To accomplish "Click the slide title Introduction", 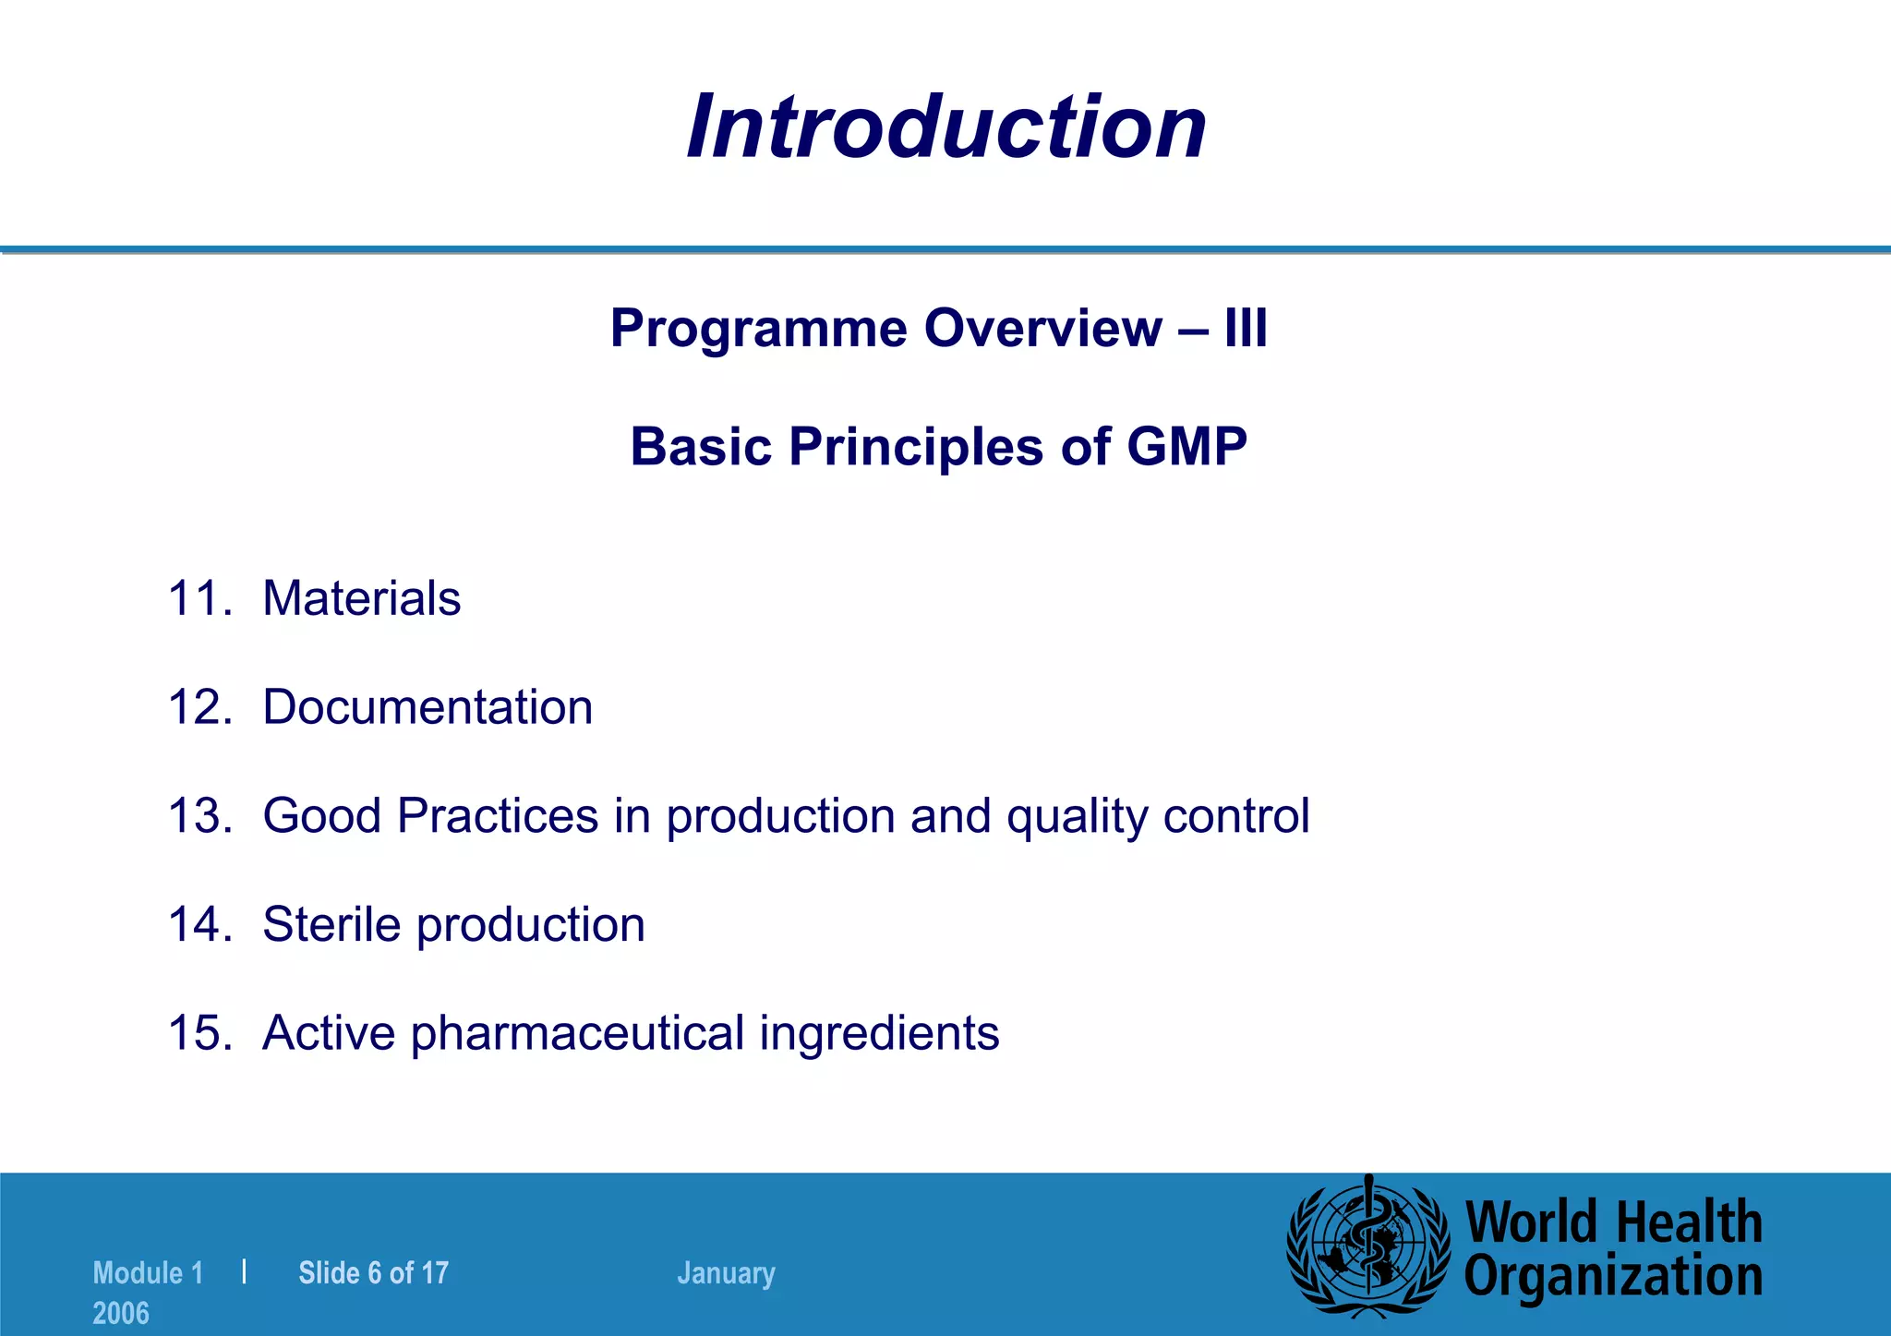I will [946, 126].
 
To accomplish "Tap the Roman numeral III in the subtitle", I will [1246, 329].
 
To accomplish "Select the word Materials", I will [361, 598].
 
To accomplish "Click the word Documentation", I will [428, 707].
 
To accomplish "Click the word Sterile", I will [332, 924].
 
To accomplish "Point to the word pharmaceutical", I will [578, 1032].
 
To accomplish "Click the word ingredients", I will [879, 1032].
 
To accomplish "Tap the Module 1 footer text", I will [148, 1273].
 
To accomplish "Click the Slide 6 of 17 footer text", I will [373, 1273].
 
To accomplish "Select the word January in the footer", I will [726, 1273].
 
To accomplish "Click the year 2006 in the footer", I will [121, 1313].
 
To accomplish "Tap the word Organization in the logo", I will [1613, 1277].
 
